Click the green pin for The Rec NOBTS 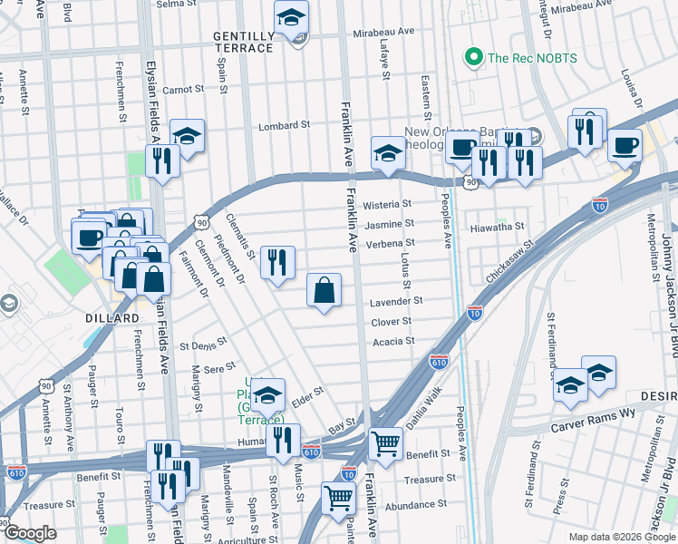coord(472,59)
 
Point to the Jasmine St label coord(390,223)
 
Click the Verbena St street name coord(390,243)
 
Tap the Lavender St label coord(395,301)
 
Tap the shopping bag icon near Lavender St coord(324,291)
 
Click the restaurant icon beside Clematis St coord(277,263)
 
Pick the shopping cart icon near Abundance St coord(338,498)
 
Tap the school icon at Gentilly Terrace coord(291,17)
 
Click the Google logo coord(31,533)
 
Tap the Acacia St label coord(393,342)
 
